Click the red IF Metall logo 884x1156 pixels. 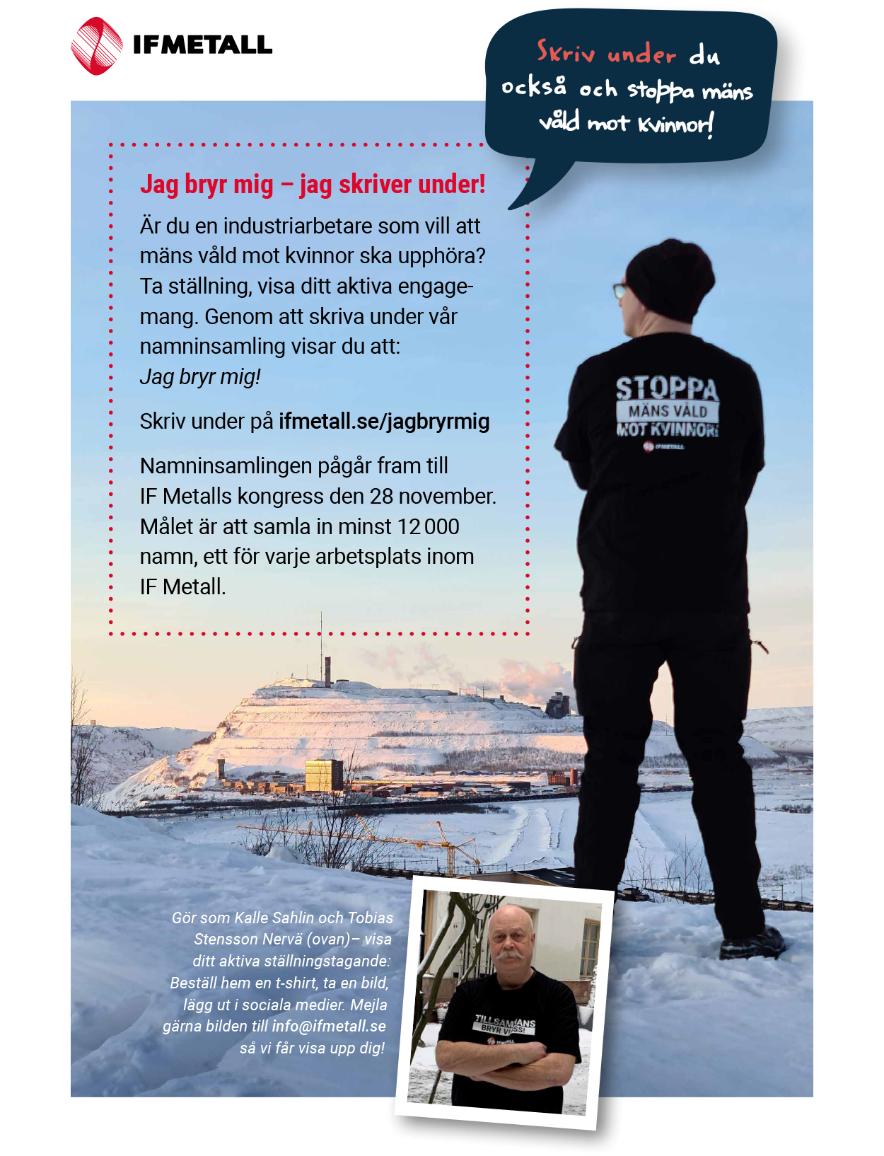(x=97, y=47)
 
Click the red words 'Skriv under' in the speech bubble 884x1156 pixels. (x=606, y=54)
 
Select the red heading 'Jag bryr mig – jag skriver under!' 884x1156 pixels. (x=313, y=185)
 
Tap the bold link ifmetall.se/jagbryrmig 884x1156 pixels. (x=384, y=422)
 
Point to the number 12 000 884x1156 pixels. (x=428, y=527)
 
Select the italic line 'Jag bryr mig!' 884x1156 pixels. (x=200, y=377)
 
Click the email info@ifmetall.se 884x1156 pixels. (x=329, y=1027)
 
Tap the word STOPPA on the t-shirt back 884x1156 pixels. (x=666, y=388)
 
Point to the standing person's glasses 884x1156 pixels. (x=620, y=291)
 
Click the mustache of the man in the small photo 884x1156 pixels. (x=509, y=955)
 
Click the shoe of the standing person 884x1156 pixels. (x=753, y=944)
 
